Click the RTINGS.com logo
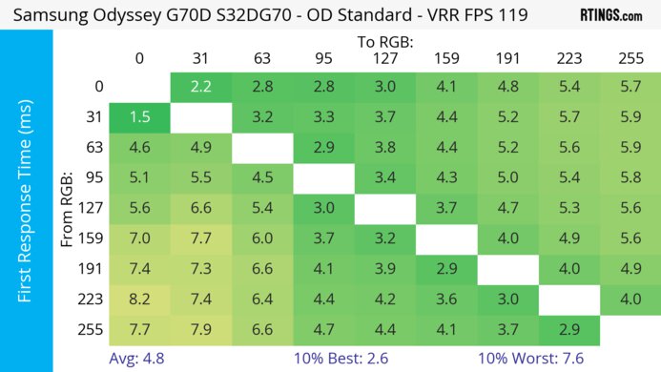pyautogui.click(x=610, y=16)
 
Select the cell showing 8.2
pyautogui.click(x=139, y=299)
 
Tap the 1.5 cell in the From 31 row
pyautogui.click(x=139, y=118)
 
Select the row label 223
pyautogui.click(x=93, y=299)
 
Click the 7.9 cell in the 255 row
pyautogui.click(x=201, y=329)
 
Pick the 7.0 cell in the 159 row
pyautogui.click(x=139, y=238)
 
